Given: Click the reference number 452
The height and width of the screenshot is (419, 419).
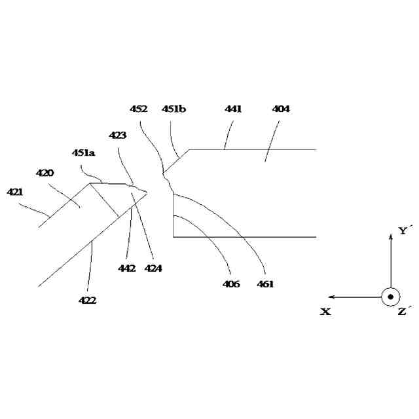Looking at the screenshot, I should coord(138,109).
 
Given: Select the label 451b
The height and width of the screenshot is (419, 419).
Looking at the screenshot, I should coord(173,109).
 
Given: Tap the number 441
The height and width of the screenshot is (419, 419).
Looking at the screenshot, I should coord(233,109).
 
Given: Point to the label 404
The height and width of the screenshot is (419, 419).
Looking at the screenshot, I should coord(281,109).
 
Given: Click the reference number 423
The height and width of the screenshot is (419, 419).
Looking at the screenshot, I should coord(118,136).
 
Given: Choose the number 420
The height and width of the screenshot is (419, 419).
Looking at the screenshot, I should coord(45,173).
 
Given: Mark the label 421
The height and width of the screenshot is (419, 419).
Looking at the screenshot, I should coord(15,192).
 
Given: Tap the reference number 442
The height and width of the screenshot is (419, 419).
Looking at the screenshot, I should coord(127,268).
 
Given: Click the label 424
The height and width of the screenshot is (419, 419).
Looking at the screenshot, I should coord(154,268).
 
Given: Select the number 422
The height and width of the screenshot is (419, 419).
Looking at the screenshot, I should coord(88,301).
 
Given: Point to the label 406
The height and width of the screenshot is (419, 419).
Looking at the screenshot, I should coord(231,284).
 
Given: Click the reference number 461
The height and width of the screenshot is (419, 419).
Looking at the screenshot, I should coord(266,284).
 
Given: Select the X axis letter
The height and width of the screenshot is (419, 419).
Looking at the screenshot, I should coord(325,312).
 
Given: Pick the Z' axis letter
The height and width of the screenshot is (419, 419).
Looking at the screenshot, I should coord(404,312).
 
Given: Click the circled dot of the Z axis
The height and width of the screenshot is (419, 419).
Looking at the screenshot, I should coord(390,297).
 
